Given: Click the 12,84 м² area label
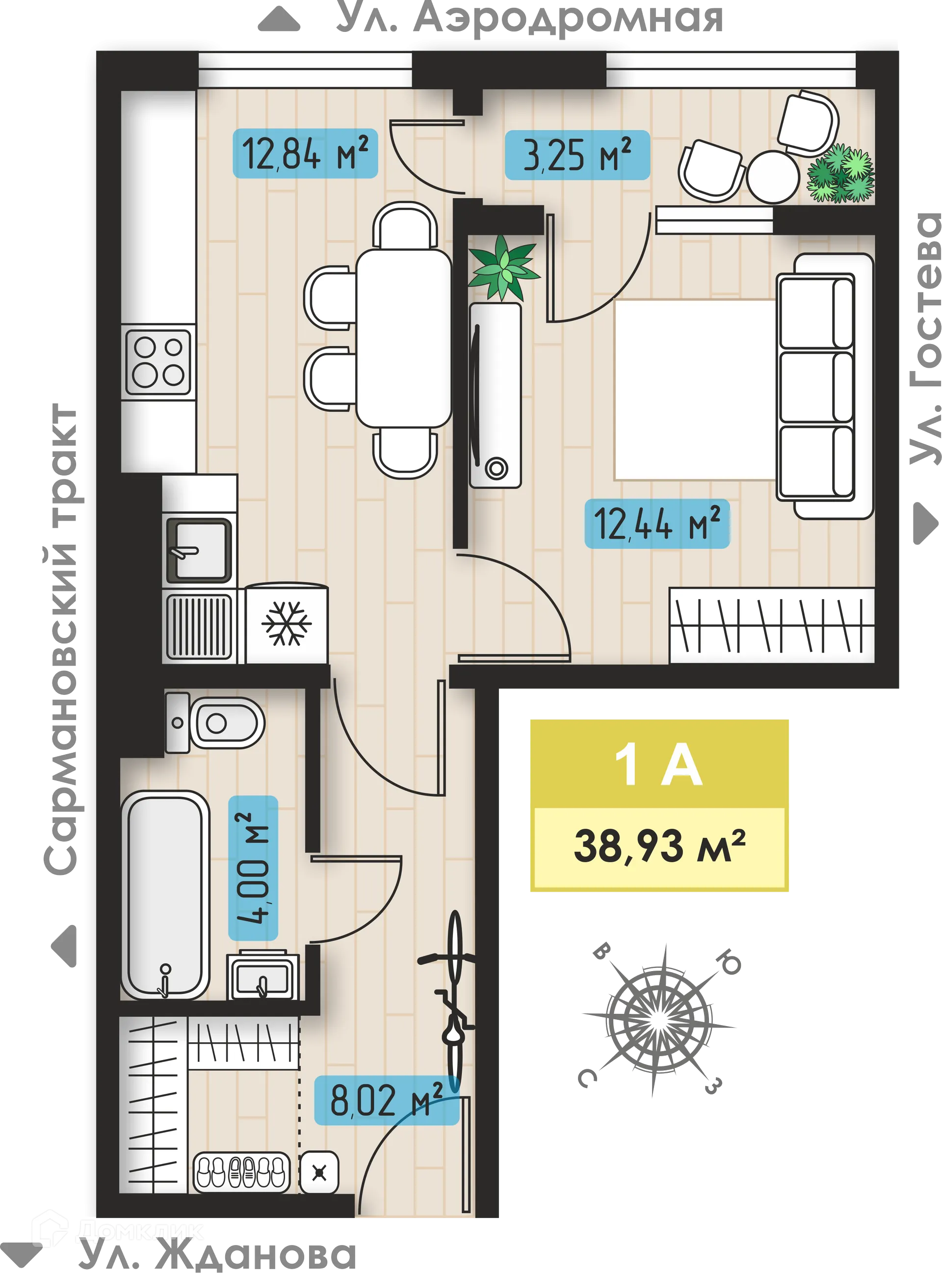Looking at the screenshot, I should point(305,154).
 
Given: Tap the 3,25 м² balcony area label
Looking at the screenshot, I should point(577,155).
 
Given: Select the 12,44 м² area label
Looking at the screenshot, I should point(657,524).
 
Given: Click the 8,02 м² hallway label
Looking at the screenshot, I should point(387,1100).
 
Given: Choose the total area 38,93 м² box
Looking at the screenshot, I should point(659,848).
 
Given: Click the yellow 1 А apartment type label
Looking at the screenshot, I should point(659,766).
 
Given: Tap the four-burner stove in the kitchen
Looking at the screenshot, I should point(158,362).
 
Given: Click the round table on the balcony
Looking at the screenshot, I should point(773,176).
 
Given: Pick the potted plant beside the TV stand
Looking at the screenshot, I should point(503,267).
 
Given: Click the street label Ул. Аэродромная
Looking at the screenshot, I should point(527,18).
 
